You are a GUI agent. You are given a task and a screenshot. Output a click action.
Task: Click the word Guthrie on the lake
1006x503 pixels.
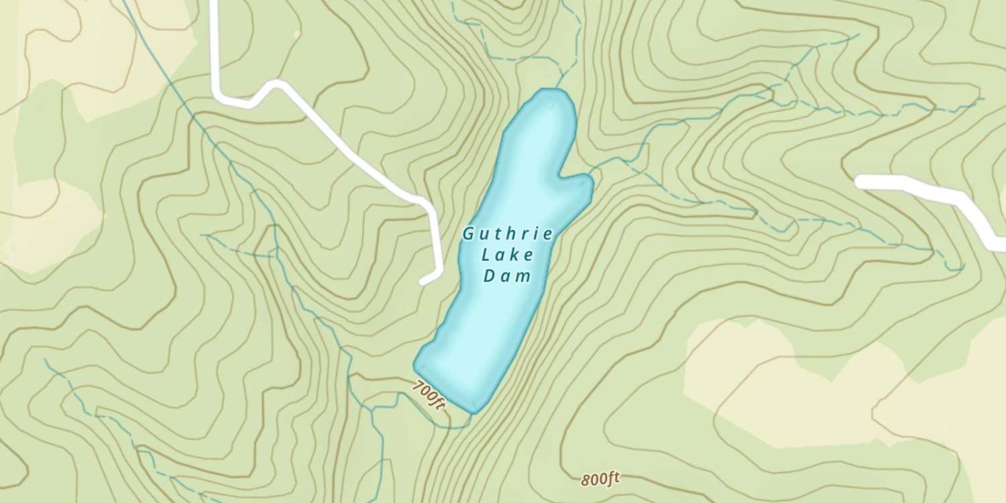508,235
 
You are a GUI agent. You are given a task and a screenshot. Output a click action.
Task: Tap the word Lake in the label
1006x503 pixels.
508,256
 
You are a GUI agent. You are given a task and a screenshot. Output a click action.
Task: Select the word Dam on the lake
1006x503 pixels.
508,276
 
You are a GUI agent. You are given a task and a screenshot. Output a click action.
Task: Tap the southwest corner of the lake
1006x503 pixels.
417,366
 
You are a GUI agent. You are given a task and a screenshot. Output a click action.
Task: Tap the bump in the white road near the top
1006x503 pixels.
274,85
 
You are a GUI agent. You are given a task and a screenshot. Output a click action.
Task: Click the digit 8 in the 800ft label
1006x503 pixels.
585,480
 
